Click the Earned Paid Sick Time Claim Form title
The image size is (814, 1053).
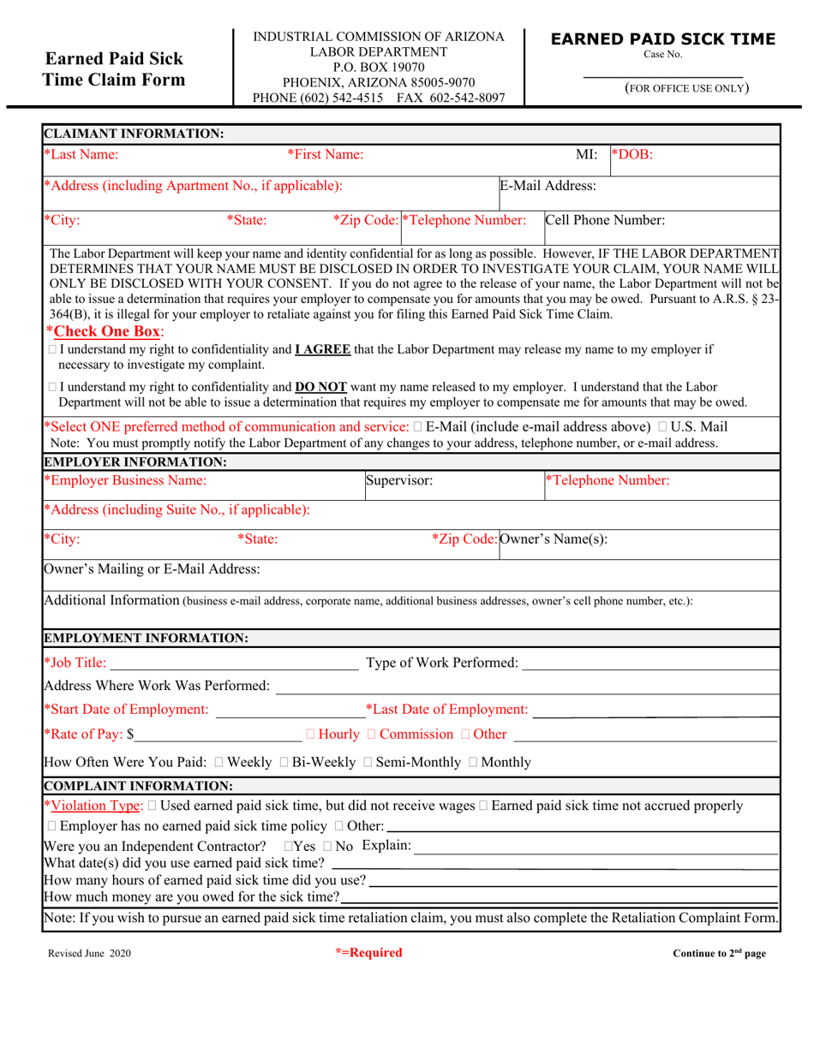click(114, 69)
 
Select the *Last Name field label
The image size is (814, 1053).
click(81, 154)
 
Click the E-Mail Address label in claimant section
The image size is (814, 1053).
click(548, 185)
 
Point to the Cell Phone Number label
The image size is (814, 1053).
click(605, 220)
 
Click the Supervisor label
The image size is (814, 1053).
click(399, 480)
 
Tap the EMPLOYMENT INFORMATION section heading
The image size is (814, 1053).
click(146, 638)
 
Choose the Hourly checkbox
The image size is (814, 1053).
click(310, 735)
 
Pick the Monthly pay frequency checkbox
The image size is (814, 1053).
click(473, 763)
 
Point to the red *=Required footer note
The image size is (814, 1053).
click(368, 953)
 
